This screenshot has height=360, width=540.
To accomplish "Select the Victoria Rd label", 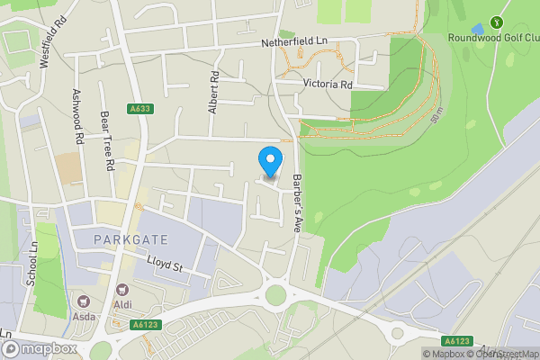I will coord(327,85).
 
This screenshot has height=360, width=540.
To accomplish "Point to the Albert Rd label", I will coord(213,92).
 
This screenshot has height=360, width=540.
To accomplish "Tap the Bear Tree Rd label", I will coord(106,141).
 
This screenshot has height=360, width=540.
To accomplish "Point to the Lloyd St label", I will coord(165,266).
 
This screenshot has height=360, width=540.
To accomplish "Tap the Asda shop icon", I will coord(84,302).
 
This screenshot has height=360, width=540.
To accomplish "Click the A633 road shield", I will coord(139,110).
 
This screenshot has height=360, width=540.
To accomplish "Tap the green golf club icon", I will coord(494,22).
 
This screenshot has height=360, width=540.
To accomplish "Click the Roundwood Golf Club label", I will coord(494,38).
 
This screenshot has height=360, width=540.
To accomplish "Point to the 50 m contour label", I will coord(437,115).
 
